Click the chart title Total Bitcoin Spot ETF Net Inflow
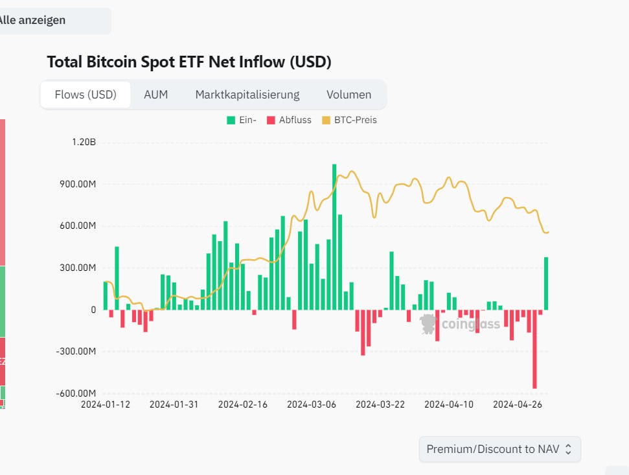pos(189,62)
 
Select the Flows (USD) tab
pos(86,95)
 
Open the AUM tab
pos(155,95)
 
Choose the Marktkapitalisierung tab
pos(247,95)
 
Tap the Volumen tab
pos(349,95)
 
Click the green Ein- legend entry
pos(242,120)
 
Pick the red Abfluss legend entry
pos(289,120)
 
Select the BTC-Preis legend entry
pos(349,120)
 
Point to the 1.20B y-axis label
pos(84,143)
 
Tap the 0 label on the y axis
pos(93,310)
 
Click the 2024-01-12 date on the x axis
pos(106,404)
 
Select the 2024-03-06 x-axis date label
pos(312,404)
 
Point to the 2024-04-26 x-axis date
pos(518,404)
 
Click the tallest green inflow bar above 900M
pos(334,237)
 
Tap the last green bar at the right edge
pos(546,283)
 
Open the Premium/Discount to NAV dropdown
pos(499,449)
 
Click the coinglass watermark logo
pos(460,323)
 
